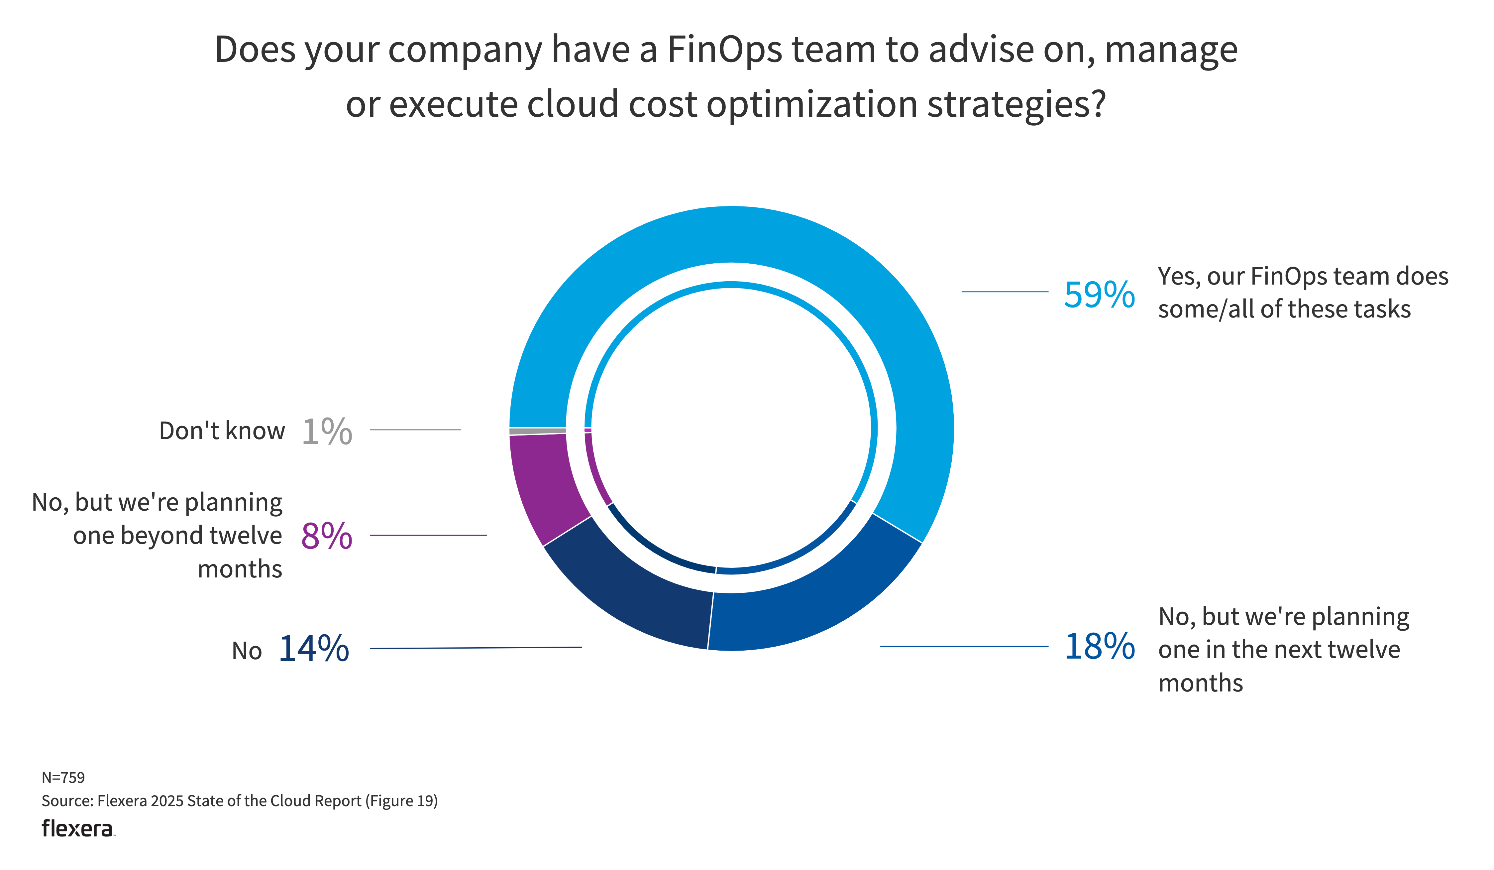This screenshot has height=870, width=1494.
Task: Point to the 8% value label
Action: coord(327,536)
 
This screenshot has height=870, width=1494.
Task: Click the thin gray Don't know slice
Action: coord(537,431)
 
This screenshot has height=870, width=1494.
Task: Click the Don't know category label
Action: coord(222,431)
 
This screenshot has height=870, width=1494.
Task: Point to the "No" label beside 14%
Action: coord(247,651)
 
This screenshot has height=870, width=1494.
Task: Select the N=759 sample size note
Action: coord(63,778)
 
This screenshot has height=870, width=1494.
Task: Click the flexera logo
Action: coord(77,828)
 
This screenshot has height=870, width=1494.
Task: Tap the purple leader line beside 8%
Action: coord(428,536)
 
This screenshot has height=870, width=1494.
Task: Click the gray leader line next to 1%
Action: coord(415,430)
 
